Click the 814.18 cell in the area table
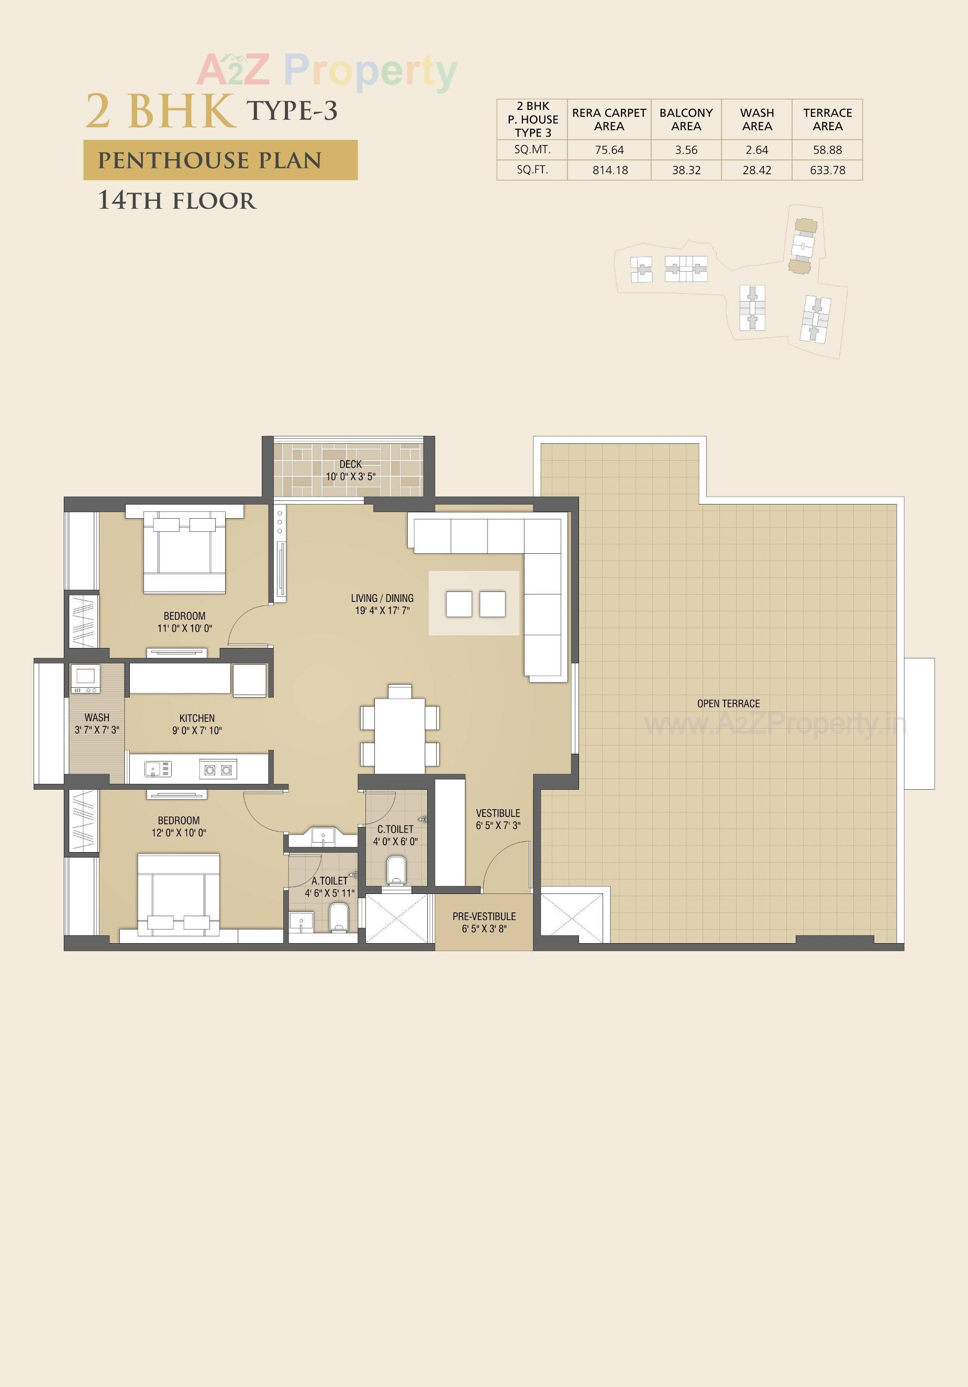coord(610,170)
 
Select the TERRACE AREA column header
coord(827,120)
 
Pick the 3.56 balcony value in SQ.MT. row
coord(686,150)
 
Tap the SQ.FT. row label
coord(532,170)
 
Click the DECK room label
coord(350,464)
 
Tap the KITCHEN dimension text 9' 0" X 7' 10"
coord(197,730)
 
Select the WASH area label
coord(97,718)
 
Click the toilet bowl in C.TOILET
coord(396,870)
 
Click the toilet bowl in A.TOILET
coord(338,918)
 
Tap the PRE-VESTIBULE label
coord(484,916)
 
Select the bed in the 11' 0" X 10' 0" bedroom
coord(184,553)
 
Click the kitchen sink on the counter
coord(158,769)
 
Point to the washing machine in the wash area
coord(85,678)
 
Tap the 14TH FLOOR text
coord(177,200)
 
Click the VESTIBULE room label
coord(498,813)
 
